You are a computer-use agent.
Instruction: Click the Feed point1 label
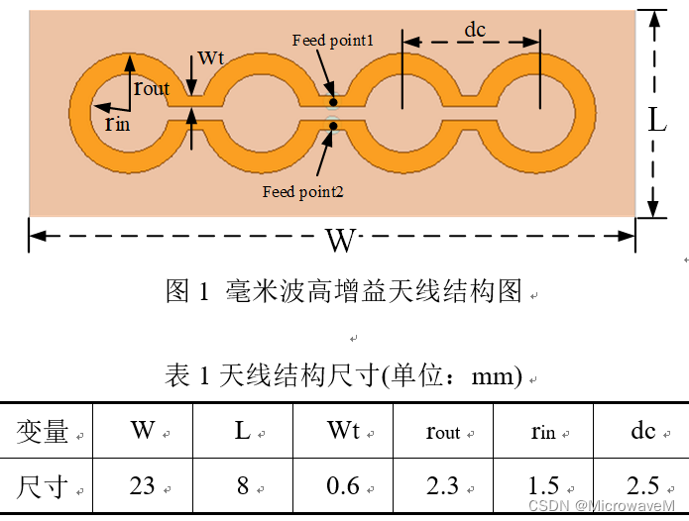332,41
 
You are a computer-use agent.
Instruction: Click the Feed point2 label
302,191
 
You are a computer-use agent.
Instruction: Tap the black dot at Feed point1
334,101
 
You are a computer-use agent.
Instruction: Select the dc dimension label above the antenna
476,30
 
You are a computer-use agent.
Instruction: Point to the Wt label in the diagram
210,56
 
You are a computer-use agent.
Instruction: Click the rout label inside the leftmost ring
152,88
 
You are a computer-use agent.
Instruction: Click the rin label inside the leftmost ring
117,123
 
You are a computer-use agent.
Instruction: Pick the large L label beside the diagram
657,120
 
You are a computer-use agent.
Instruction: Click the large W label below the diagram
340,240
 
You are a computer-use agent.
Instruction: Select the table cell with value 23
143,485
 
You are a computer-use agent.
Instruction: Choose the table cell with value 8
243,485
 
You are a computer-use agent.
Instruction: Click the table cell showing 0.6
343,485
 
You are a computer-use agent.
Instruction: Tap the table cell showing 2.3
443,485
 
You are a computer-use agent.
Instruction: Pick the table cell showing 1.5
543,485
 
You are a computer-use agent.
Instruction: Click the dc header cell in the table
642,431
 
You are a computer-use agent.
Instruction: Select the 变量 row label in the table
43,432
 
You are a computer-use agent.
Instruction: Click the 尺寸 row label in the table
43,486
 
